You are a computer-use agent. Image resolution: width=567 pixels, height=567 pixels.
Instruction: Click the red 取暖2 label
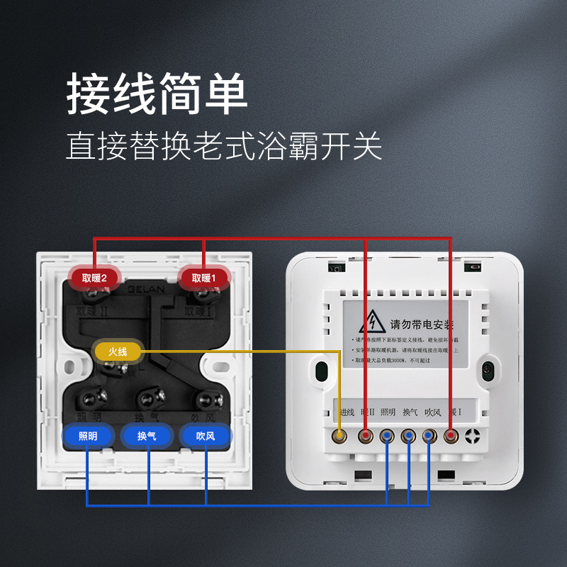[x=94, y=279]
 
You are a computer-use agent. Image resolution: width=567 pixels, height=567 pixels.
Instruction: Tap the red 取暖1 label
[x=203, y=279]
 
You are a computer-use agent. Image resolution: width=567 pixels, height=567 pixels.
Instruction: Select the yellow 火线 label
[x=118, y=351]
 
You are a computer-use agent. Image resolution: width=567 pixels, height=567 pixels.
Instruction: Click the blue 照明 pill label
[x=87, y=436]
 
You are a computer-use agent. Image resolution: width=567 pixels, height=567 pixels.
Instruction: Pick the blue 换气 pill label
[x=147, y=436]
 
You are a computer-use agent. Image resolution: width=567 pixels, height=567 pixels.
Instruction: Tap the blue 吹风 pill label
[x=206, y=436]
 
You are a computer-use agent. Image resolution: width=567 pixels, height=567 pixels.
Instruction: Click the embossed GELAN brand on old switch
[x=146, y=289]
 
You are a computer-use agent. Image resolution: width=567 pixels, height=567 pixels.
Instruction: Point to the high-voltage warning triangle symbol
[x=371, y=322]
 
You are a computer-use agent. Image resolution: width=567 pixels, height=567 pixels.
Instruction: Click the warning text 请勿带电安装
[x=422, y=325]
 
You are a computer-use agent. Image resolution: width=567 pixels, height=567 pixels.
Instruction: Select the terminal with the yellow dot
[x=341, y=435]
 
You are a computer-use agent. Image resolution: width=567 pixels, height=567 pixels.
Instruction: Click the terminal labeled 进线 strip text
[x=347, y=412]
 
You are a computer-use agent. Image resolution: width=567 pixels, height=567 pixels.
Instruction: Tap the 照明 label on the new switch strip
[x=388, y=412]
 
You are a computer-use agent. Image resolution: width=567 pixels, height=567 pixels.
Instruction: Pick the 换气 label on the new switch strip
[x=410, y=412]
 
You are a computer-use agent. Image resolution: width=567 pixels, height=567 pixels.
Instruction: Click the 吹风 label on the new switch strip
[x=432, y=412]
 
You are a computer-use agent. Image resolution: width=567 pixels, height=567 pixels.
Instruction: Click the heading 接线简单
[x=157, y=94]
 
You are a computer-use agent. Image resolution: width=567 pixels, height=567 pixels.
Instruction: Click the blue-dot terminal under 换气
[x=409, y=435]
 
